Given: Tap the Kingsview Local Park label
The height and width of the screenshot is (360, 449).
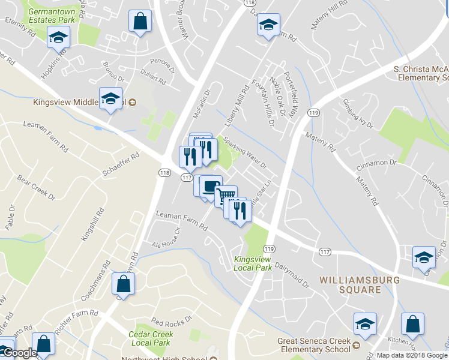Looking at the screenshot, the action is click(x=252, y=263).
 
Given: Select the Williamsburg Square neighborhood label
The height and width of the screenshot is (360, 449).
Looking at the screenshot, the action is click(x=351, y=284).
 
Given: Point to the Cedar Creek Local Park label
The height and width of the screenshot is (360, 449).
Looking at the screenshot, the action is click(x=150, y=338).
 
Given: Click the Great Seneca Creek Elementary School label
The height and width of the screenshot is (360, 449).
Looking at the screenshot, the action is click(x=313, y=344).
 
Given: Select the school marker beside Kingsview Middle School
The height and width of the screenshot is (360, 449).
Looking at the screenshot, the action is click(x=110, y=98).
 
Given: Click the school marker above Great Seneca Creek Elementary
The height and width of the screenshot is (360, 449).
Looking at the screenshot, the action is click(x=364, y=324).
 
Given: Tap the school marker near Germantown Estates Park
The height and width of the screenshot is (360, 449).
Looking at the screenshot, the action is click(x=59, y=37).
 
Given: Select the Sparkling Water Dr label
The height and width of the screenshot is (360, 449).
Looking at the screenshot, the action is click(x=245, y=152).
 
